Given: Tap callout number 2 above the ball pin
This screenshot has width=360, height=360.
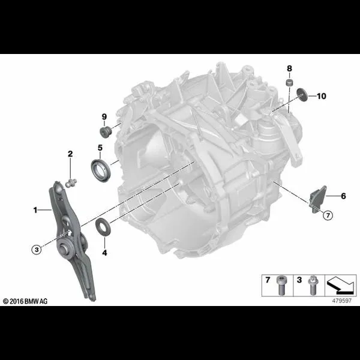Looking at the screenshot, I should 70,154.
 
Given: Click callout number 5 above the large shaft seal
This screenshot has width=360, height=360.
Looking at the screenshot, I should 100,148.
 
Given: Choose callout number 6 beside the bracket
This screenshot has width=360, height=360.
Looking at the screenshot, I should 343,196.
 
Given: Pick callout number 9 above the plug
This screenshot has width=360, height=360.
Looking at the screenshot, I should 103,116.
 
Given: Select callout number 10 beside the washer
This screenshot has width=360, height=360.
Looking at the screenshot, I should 322,95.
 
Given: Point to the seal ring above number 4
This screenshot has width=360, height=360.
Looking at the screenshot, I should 104,228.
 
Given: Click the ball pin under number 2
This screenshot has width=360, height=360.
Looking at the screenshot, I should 71,181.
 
